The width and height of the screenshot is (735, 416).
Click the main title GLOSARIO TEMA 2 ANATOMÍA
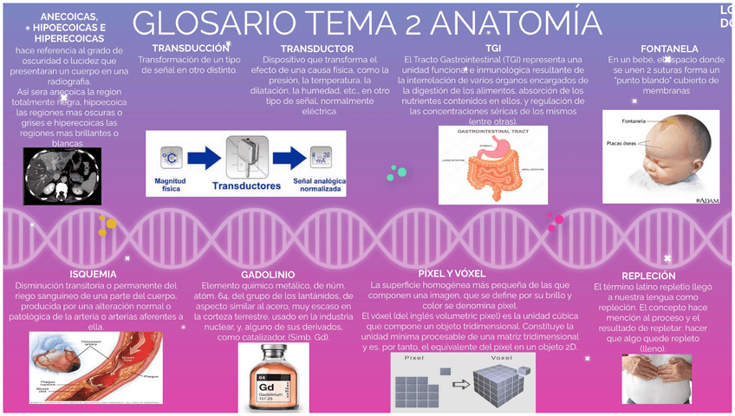(367, 23)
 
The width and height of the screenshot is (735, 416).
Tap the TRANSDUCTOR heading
(317, 49)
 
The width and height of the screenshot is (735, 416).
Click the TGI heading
(492, 48)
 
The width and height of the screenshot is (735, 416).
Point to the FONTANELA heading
(669, 49)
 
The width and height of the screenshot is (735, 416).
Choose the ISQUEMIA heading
(93, 275)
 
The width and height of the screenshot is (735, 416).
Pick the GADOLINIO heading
(274, 275)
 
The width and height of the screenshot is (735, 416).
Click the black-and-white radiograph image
(62, 176)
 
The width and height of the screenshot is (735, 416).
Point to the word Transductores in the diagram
(246, 185)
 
